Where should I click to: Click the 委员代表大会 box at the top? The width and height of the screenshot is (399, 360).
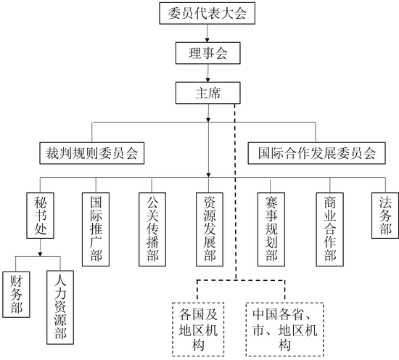tap(207, 13)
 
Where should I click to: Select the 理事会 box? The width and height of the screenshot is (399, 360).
tap(208, 53)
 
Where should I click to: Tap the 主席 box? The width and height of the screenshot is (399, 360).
tap(208, 93)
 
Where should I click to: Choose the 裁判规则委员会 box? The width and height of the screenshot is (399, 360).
tap(92, 153)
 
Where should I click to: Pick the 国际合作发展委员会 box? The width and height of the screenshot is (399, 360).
tap(317, 153)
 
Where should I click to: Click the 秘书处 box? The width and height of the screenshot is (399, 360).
tap(40, 216)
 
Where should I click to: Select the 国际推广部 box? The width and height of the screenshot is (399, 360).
tap(96, 229)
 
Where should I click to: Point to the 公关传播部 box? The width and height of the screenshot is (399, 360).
tap(152, 229)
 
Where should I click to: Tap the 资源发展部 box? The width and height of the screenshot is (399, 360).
tap(210, 229)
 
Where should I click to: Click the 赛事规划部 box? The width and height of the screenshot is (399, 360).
tap(271, 229)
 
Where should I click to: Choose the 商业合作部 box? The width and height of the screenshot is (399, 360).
tap(330, 229)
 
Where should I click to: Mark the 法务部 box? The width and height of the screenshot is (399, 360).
tap(385, 216)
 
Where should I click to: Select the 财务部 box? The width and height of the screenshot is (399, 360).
tap(16, 295)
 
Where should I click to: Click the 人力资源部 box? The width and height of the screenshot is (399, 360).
tap(60, 307)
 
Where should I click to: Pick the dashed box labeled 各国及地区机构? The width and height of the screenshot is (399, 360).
tap(198, 330)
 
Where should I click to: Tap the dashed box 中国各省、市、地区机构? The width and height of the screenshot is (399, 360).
tap(285, 330)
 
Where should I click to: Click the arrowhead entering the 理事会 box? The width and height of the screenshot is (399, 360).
tap(207, 40)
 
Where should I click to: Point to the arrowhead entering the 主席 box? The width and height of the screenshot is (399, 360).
tap(208, 80)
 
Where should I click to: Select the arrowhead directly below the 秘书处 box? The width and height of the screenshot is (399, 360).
tap(40, 254)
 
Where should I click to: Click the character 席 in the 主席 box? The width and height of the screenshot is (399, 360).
tap(215, 93)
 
